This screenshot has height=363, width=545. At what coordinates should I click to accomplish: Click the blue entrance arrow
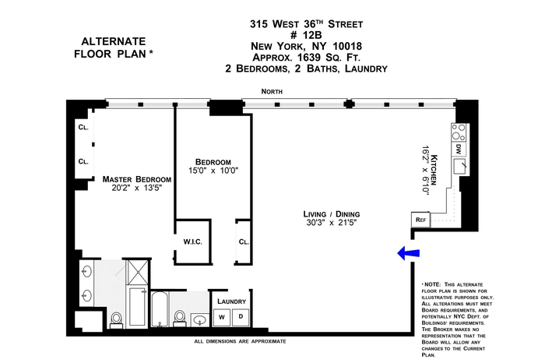tap(408, 253)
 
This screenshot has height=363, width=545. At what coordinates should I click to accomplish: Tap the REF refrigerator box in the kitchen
tap(420, 220)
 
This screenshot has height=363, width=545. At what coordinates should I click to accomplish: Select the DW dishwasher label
tap(459, 149)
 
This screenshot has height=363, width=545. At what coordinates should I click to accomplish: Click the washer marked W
tap(222, 317)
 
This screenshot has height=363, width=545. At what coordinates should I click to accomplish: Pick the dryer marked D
tap(241, 317)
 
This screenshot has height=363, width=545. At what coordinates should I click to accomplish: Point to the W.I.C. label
tap(192, 241)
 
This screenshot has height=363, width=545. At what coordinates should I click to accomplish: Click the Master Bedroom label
tap(136, 179)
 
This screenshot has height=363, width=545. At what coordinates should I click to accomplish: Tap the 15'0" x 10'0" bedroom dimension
tap(213, 171)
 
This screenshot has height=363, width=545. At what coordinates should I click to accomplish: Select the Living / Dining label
tap(331, 214)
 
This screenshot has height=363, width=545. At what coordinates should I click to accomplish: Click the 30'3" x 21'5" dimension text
tap(331, 223)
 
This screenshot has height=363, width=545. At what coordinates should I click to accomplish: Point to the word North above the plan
tap(272, 91)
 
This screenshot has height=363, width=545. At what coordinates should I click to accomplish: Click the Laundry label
tap(231, 301)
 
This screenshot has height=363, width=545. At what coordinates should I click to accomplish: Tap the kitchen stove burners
tap(458, 132)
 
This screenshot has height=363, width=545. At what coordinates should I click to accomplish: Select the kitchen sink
tap(459, 166)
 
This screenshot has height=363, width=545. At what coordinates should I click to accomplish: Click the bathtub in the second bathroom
tap(160, 309)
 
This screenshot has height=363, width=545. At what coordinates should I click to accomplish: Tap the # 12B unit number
tap(306, 35)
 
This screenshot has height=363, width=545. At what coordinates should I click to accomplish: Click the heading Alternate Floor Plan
tap(114, 48)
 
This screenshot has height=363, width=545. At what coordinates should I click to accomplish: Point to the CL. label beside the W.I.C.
tap(244, 241)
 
